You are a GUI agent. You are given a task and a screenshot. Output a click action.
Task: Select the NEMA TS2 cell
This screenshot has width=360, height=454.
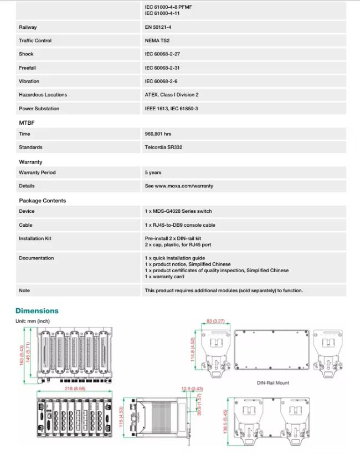coord(157,40)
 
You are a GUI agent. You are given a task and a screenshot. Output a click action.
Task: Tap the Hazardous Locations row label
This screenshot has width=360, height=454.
coord(43,95)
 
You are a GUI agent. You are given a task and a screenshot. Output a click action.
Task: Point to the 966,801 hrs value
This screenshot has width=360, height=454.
coord(158,134)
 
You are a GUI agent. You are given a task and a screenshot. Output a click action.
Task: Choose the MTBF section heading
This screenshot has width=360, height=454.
coord(27,123)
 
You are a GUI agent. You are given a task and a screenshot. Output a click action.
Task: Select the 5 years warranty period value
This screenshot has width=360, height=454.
coord(153,172)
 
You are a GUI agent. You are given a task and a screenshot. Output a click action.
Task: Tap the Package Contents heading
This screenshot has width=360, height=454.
coord(42,201)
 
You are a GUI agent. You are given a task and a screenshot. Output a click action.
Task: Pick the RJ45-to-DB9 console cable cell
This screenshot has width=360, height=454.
coord(180,225)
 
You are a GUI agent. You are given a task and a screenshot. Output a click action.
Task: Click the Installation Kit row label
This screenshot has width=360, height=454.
coord(35,238)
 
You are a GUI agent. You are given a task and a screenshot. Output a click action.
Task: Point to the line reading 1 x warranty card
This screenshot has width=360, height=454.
coord(164,277)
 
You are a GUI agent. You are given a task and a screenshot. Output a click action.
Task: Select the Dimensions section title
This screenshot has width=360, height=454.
coord(37,311)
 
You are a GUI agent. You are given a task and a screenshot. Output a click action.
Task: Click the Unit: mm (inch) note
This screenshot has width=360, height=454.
coord(33,322)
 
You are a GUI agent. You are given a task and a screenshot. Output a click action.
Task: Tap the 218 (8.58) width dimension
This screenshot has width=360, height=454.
coord(74,389)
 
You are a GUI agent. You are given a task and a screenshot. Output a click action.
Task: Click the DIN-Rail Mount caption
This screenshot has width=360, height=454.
coord(273,382)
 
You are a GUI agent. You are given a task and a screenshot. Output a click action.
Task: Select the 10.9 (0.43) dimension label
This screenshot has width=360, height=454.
coord(192,389)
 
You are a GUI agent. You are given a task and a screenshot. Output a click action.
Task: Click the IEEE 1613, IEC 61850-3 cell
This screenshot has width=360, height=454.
coord(171,109)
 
